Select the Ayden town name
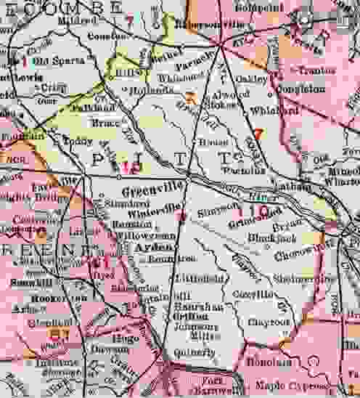152,248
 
